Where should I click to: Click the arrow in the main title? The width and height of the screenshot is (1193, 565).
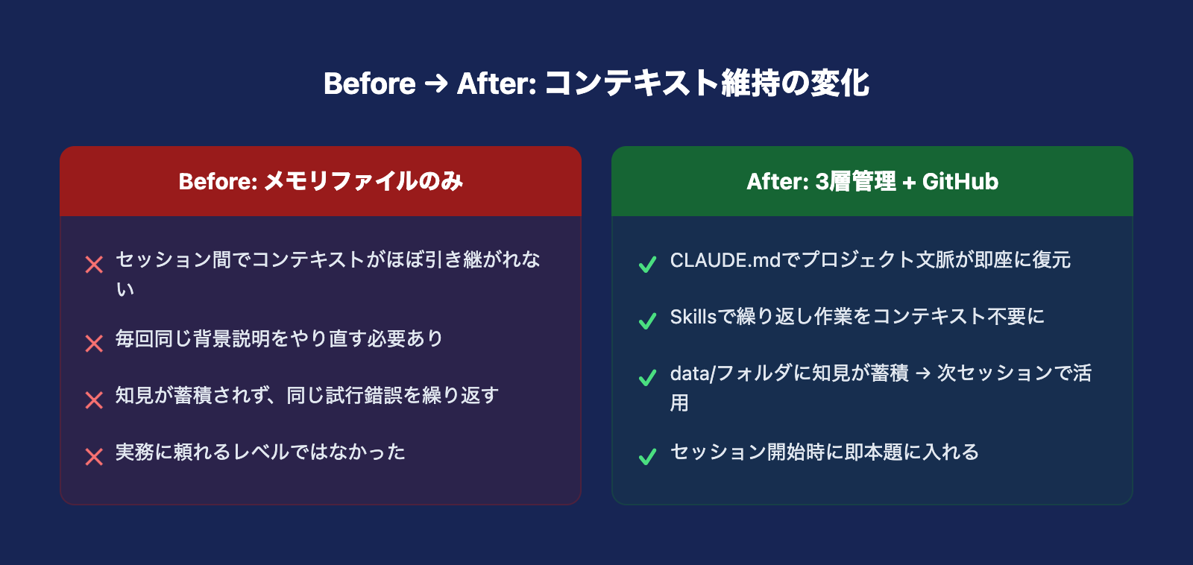point(436,84)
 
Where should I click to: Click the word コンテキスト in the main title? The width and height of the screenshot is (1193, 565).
point(631,83)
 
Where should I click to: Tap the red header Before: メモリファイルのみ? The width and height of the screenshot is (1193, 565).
point(321,182)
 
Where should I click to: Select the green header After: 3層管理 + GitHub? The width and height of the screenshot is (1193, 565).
point(872,182)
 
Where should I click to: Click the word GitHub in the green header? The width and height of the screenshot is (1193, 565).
point(960,182)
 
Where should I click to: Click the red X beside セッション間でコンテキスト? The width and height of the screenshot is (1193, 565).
point(94,265)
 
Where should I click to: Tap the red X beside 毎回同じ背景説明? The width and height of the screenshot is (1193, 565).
point(94,344)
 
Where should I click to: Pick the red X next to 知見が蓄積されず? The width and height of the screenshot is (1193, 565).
point(94,400)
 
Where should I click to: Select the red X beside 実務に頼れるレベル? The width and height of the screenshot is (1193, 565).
point(94,457)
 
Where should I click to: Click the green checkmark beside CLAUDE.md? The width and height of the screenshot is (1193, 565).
point(648,265)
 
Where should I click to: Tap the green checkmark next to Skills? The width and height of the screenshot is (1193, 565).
point(648,321)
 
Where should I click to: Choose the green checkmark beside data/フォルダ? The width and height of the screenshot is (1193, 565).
point(648,378)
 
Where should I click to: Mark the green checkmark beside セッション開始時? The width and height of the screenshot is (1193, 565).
point(648,457)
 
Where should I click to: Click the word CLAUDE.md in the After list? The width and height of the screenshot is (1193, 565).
point(725,260)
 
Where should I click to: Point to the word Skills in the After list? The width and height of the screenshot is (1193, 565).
point(693,317)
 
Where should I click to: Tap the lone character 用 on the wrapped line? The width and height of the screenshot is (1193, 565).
point(679,403)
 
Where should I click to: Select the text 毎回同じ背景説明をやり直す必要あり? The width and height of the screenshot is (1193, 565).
point(279,338)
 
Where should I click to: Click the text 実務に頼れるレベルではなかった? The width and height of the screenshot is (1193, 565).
point(260,452)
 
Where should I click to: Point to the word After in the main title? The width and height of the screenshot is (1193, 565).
point(496,83)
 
